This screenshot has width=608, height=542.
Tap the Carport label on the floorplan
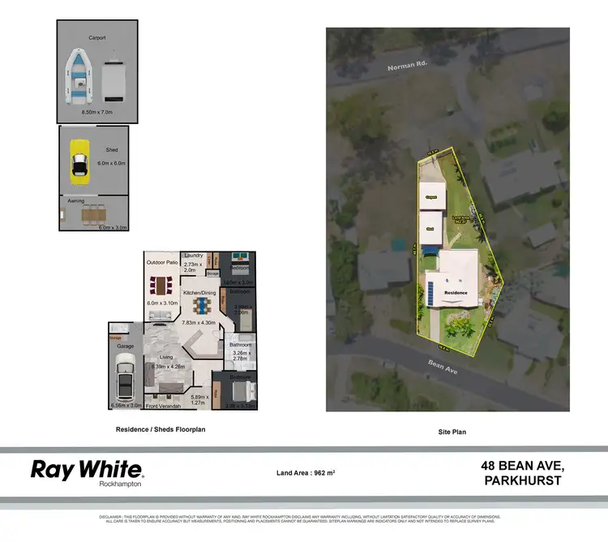[x=97, y=37]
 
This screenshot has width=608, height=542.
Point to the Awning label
[x=75, y=200]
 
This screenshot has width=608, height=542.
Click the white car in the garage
[x=126, y=376]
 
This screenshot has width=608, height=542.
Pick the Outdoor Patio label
[x=162, y=262]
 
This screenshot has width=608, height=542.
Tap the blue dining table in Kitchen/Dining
[x=201, y=306]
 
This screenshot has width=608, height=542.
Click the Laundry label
[x=193, y=255]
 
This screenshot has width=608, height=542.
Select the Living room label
[x=165, y=356]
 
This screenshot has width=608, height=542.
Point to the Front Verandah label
[x=164, y=404]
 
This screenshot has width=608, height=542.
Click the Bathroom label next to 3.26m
[x=242, y=344]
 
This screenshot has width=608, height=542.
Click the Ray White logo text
[x=87, y=469]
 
